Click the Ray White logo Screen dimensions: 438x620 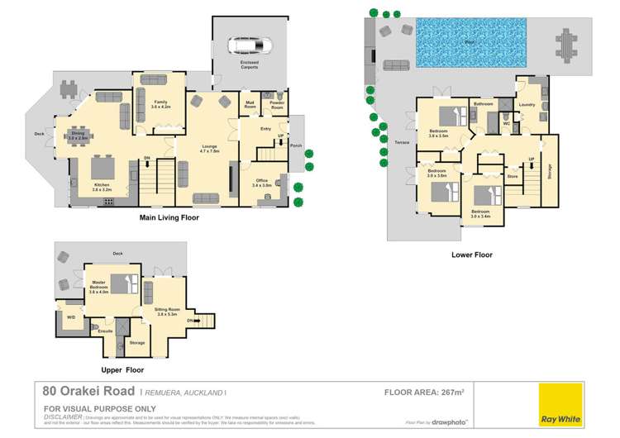(560, 404)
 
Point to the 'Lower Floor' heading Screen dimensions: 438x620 (471, 255)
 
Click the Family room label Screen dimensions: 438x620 (161, 103)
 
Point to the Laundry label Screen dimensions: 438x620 (529, 105)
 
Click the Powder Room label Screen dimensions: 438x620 (276, 106)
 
